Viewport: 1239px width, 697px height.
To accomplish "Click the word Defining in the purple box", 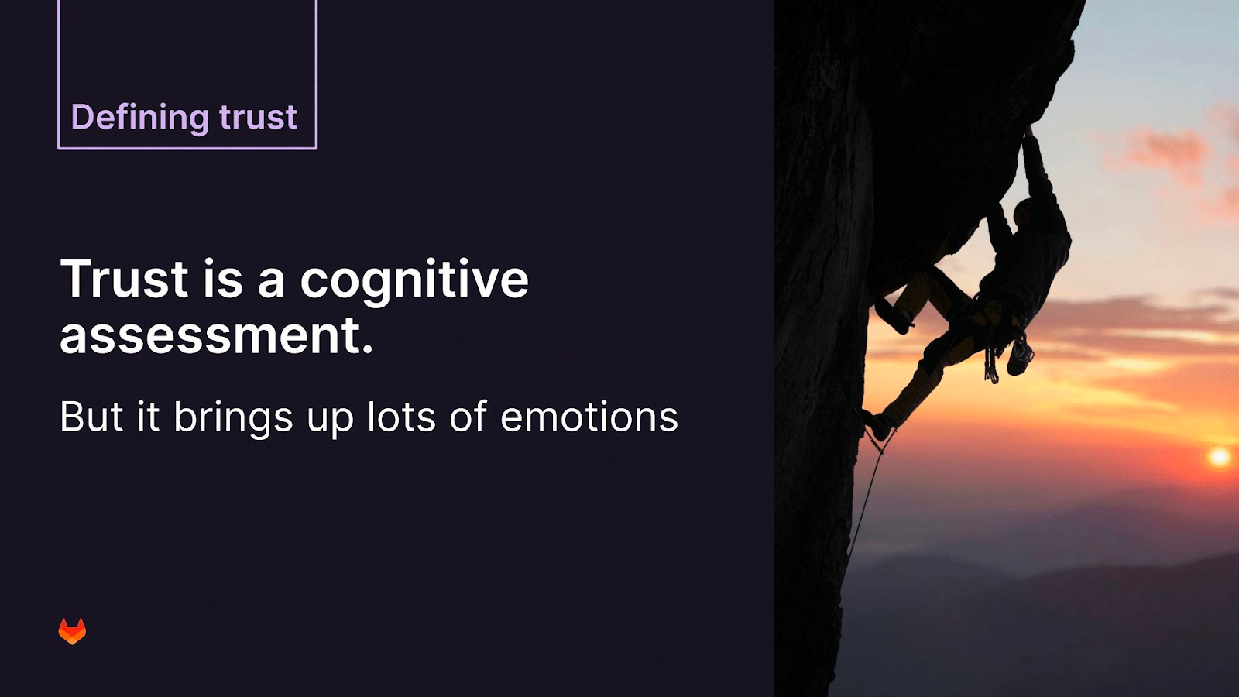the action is [x=140, y=117].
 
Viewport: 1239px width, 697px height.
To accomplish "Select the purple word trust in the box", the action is [x=259, y=117].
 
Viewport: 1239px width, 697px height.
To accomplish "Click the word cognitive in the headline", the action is [x=414, y=282].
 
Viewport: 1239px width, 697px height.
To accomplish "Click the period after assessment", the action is [x=367, y=348].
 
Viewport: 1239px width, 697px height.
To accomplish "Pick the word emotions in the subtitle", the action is [x=589, y=417].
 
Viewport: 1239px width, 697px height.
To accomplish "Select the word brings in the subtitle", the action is [x=233, y=419].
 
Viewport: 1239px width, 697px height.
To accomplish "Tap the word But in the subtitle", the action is [x=91, y=416].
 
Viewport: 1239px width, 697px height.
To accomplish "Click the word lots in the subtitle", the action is [x=402, y=416].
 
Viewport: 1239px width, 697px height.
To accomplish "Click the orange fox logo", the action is [x=73, y=631].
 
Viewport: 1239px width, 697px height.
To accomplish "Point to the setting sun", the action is [x=1219, y=457].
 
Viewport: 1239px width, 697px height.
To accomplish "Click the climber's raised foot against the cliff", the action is [x=891, y=317].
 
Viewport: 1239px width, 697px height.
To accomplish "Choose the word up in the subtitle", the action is [x=330, y=421].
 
